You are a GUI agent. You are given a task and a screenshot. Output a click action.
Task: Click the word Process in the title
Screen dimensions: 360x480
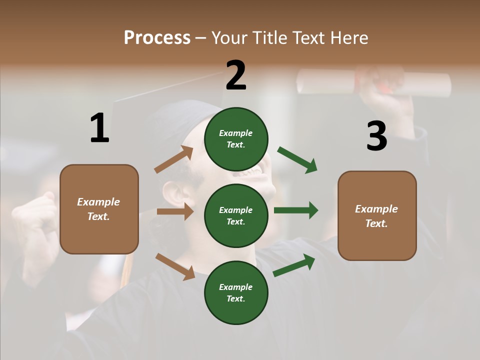click(x=157, y=38)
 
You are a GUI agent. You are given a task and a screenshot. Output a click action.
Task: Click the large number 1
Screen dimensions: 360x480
click(x=99, y=128)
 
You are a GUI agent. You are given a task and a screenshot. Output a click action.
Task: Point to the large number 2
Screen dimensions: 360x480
click(x=236, y=75)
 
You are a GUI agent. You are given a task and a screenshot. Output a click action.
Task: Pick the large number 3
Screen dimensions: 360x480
click(x=376, y=136)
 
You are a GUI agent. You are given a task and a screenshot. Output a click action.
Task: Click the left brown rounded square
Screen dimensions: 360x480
click(x=99, y=209)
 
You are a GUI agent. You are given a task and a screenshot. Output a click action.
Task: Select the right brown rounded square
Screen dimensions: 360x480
click(x=377, y=215)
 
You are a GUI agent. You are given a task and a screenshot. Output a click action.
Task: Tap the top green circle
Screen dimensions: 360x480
click(x=236, y=139)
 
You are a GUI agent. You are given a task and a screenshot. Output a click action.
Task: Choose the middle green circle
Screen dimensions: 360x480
click(x=236, y=215)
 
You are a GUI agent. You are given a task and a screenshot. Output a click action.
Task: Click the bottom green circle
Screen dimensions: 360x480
click(x=236, y=292)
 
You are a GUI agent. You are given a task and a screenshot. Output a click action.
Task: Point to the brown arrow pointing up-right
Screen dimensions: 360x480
click(x=174, y=159)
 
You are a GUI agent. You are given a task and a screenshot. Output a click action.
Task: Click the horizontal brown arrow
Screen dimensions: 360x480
click(x=175, y=211)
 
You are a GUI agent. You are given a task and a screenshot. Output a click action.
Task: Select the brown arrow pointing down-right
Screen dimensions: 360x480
click(x=175, y=266)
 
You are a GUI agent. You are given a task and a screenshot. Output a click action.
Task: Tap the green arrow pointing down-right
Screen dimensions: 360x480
click(x=297, y=160)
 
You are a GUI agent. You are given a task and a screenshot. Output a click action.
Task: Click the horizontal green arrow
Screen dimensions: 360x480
click(x=296, y=210)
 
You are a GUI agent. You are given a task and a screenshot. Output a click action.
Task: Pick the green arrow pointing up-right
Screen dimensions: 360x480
click(x=294, y=265)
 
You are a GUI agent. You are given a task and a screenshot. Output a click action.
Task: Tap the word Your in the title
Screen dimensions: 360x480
click(x=229, y=38)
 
